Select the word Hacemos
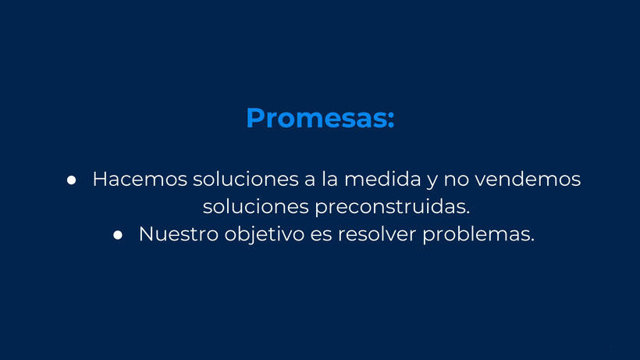point(140,179)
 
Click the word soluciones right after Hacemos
point(246,179)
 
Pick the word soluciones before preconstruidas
point(256,206)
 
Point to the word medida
point(382,179)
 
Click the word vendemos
point(528,179)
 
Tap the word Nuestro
point(179,234)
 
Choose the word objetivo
point(265,235)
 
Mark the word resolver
point(377,234)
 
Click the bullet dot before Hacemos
point(72,180)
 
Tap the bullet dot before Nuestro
point(118,235)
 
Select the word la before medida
point(330,179)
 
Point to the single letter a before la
point(310,181)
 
